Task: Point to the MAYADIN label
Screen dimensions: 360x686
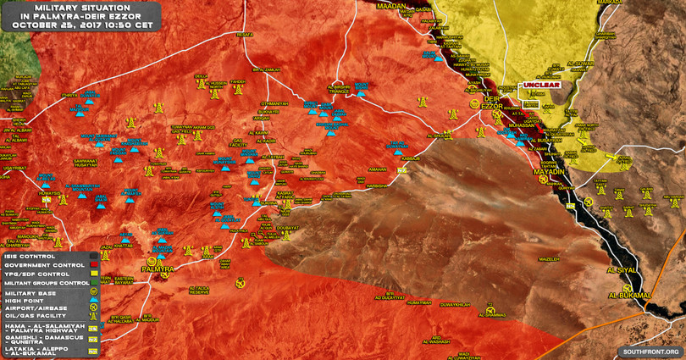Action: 549,172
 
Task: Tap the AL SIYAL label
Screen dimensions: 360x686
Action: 619,270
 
